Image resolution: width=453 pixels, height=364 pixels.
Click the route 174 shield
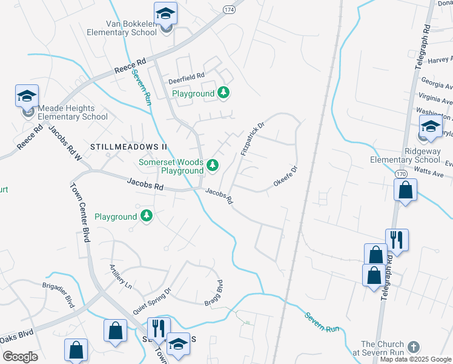click(228, 10)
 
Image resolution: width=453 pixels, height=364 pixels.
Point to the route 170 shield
click(401, 174)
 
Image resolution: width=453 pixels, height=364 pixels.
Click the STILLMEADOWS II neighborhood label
click(128, 147)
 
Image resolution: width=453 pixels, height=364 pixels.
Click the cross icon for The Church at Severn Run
click(414, 347)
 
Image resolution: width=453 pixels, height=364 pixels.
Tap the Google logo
click(20, 357)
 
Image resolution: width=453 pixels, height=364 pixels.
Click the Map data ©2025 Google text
click(415, 359)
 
